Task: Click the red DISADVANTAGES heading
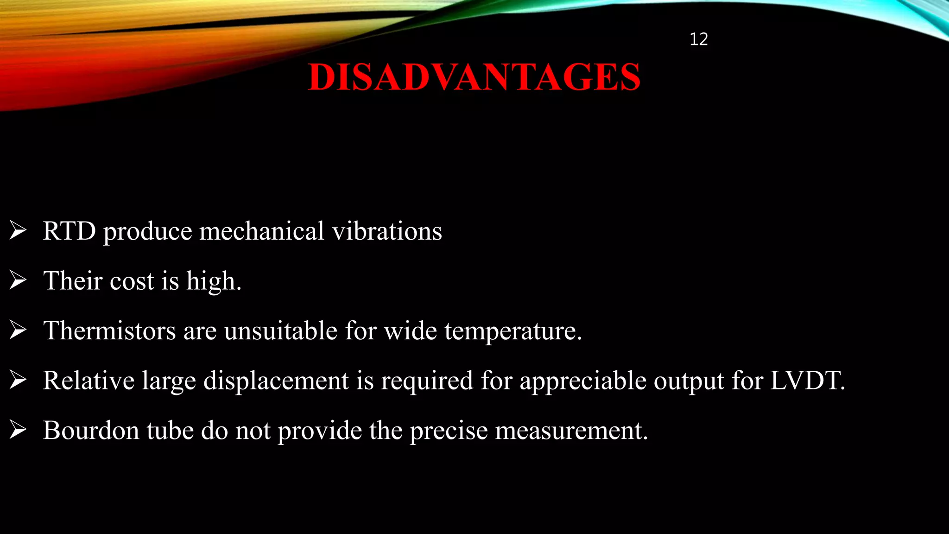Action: pyautogui.click(x=474, y=77)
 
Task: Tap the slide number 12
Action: pyautogui.click(x=698, y=39)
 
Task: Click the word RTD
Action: pyautogui.click(x=70, y=231)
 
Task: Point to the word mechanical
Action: pyautogui.click(x=261, y=231)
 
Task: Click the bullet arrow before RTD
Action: pyautogui.click(x=18, y=230)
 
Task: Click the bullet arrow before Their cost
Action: pyautogui.click(x=18, y=280)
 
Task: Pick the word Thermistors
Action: pyautogui.click(x=109, y=331)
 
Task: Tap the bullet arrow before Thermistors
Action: pyautogui.click(x=18, y=330)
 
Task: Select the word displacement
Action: pyautogui.click(x=276, y=381)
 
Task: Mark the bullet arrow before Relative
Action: pyautogui.click(x=18, y=380)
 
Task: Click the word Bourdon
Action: pyautogui.click(x=91, y=430)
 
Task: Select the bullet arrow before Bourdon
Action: pyautogui.click(x=18, y=430)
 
